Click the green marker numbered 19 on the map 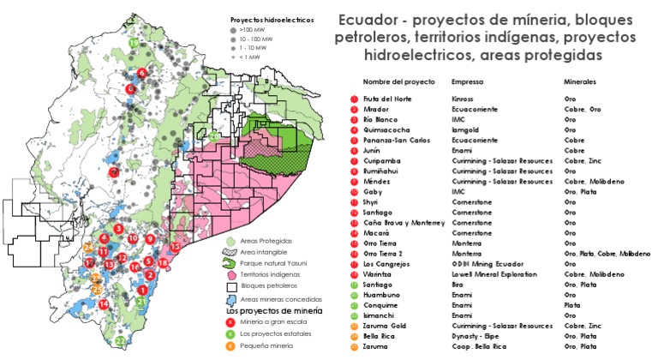click(x=133, y=42)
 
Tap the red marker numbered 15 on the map click(x=175, y=247)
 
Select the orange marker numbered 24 click(x=88, y=247)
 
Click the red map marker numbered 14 click(x=103, y=303)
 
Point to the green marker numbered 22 click(x=121, y=341)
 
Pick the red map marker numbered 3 click(x=118, y=228)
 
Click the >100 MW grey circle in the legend click(x=235, y=28)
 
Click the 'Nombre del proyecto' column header click(x=398, y=82)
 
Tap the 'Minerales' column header click(x=580, y=82)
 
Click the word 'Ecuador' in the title click(x=368, y=20)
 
